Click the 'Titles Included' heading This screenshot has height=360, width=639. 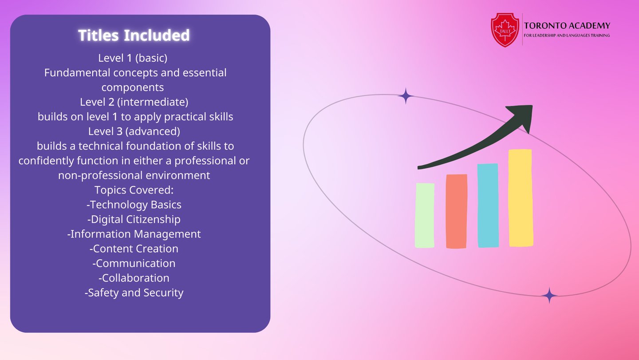point(134,35)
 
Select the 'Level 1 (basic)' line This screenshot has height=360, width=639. point(133,58)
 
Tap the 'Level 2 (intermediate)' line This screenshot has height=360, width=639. point(134,102)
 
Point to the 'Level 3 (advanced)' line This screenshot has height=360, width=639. point(134,131)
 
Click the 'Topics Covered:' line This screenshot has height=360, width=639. point(134,190)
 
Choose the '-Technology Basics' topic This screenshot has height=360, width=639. point(134,205)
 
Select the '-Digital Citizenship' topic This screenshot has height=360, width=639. point(134,219)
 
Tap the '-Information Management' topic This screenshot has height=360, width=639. point(134,234)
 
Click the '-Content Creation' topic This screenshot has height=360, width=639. point(134,249)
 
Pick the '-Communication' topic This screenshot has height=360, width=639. point(134,263)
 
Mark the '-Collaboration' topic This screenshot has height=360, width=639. point(134,278)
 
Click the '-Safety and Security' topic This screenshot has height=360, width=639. point(134,293)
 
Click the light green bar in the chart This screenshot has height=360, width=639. point(425,215)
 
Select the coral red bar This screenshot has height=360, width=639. point(457,211)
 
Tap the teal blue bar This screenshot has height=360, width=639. point(488,206)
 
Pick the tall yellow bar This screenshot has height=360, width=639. point(521,198)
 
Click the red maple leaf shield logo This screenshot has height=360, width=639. point(505,30)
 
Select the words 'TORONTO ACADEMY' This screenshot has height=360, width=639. point(567,26)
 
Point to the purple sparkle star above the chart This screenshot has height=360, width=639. point(406,96)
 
